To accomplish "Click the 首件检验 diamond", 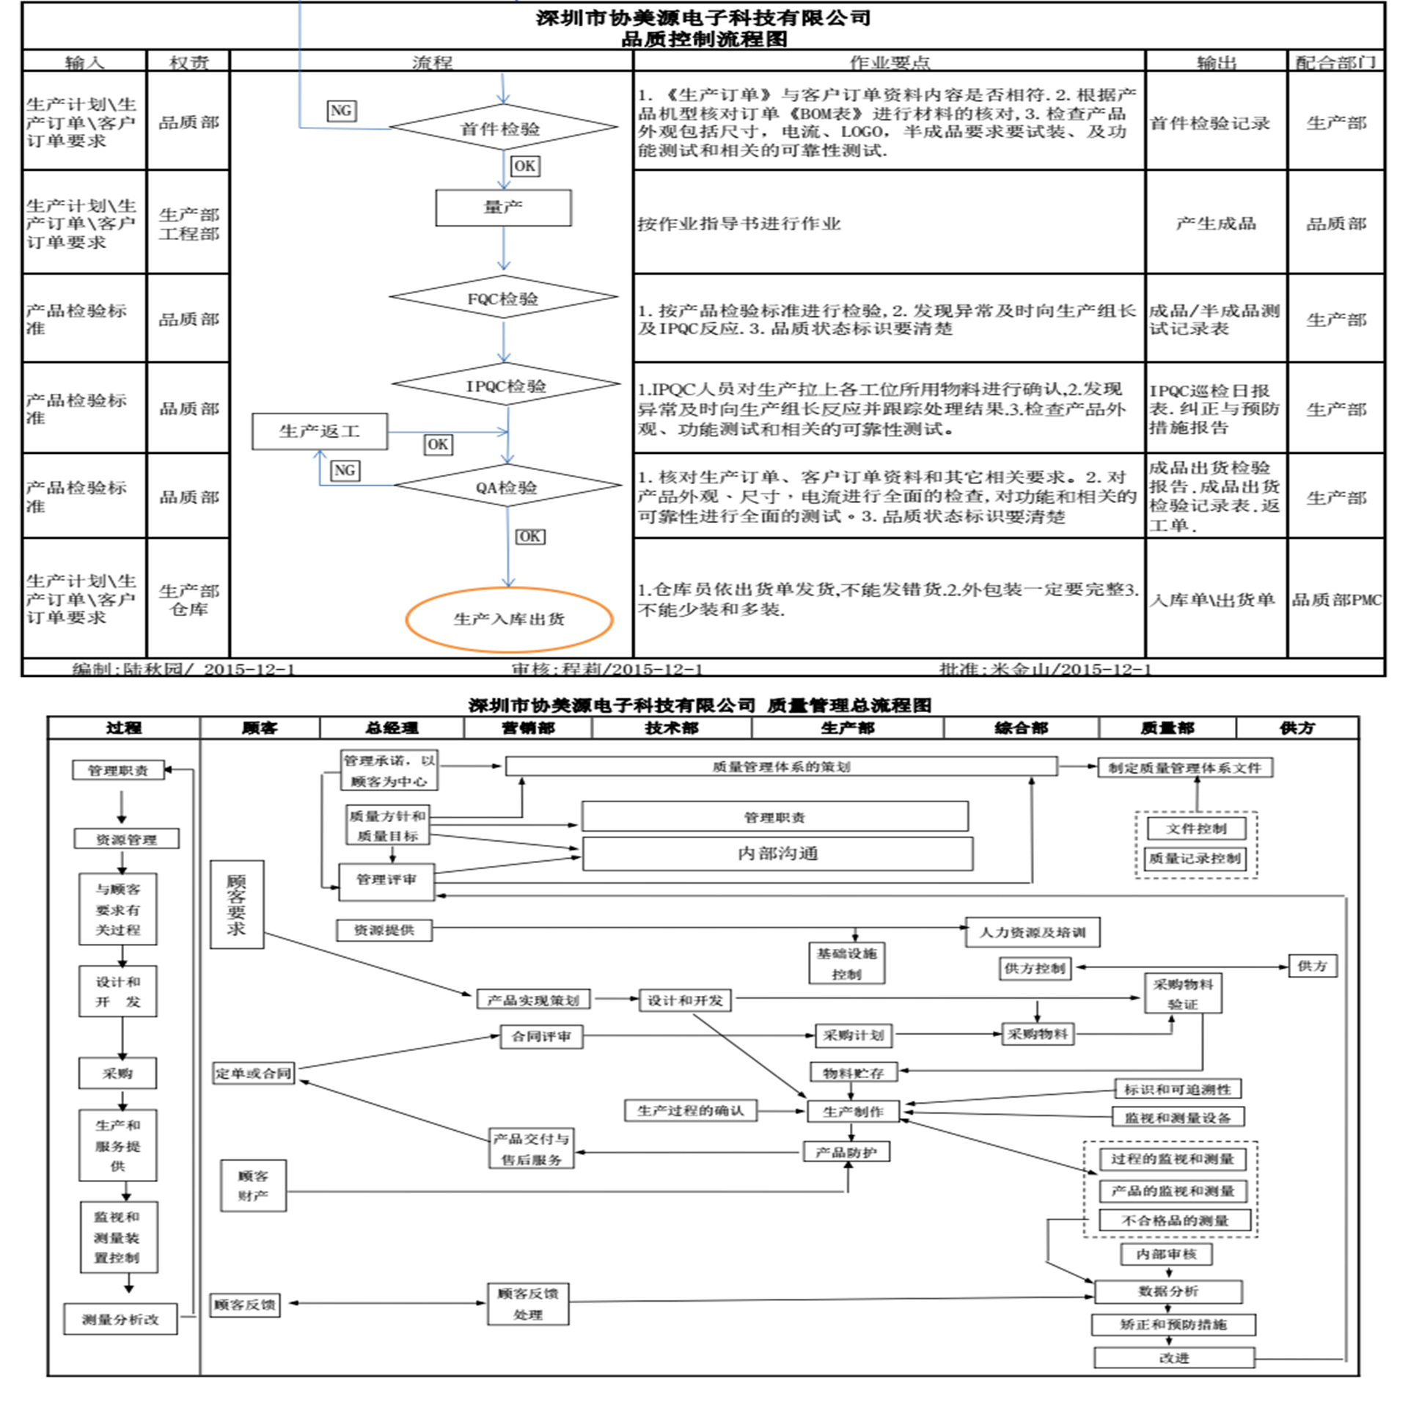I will tap(502, 128).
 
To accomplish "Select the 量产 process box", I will tap(503, 208).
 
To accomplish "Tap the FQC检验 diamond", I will tap(504, 298).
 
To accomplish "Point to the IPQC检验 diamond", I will tap(506, 384).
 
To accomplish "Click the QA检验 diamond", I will tap(507, 486).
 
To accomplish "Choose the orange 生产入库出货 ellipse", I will tap(509, 619).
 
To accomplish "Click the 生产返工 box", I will tap(320, 431).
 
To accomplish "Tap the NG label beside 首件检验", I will tap(341, 111).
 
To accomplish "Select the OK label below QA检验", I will tap(529, 536).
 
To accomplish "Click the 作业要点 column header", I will tap(889, 62).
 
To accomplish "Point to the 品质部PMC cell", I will tap(1336, 600).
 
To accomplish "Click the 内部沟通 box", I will tap(777, 854).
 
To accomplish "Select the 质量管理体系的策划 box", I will tap(781, 766).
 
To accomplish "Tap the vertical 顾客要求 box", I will tap(236, 904).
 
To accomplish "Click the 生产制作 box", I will tap(853, 1111).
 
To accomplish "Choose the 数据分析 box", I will tap(1167, 1291).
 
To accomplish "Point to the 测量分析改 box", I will tap(120, 1319).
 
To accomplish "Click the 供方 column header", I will tap(1297, 727).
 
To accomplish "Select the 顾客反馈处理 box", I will tap(528, 1304).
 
